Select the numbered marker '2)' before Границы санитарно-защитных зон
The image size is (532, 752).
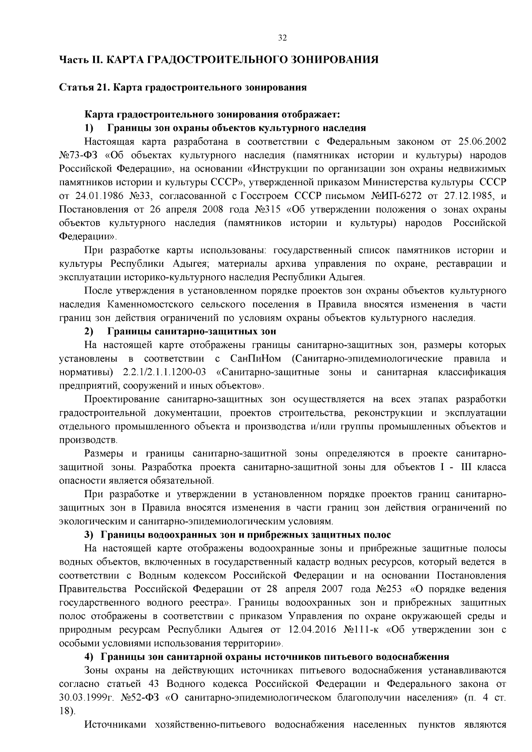89,331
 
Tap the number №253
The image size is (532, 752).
389,589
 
